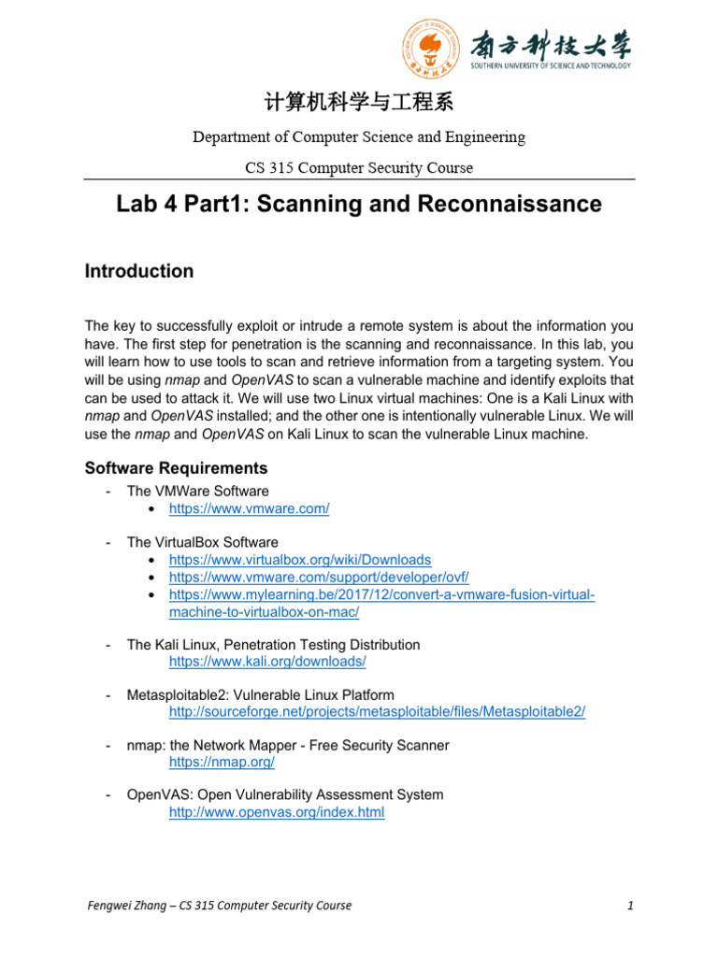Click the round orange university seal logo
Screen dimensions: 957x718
431,50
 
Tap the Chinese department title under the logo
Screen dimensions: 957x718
359,102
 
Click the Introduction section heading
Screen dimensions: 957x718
139,271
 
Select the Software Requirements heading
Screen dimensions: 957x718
176,468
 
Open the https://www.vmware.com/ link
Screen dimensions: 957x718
249,508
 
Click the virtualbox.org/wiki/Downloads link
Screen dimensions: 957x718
299,560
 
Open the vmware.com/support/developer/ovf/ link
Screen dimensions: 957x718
319,578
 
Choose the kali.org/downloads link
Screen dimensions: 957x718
267,662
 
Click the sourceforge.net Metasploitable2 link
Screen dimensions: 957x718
377,712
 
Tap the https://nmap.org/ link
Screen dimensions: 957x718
221,763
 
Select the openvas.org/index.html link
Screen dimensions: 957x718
276,813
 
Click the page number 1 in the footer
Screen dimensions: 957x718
631,906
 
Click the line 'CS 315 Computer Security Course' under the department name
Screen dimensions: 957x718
359,168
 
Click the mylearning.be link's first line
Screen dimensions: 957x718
381,594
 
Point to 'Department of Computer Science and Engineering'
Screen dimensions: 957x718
359,137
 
